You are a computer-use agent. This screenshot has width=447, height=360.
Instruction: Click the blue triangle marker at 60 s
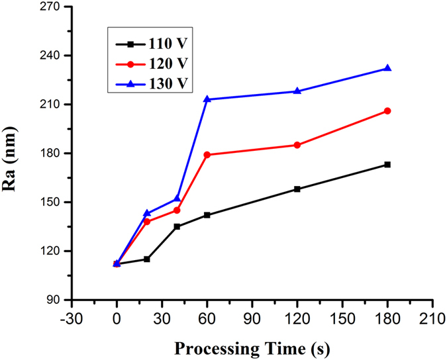[x=207, y=99]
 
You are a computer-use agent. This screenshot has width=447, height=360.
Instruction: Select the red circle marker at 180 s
[x=387, y=111]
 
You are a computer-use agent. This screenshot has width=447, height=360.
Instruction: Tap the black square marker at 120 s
[x=297, y=189]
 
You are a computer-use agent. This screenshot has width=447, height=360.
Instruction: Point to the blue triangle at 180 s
[x=387, y=68]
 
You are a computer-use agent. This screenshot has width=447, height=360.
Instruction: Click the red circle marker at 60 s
[x=207, y=155]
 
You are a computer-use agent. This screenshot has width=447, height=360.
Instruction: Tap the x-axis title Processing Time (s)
[x=252, y=347]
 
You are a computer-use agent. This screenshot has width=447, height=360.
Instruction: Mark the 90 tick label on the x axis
[x=252, y=316]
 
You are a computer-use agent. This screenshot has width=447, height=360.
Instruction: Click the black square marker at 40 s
[x=177, y=226]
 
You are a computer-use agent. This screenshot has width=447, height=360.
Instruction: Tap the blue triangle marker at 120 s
[x=297, y=91]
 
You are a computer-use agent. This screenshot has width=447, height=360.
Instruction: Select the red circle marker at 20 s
[x=147, y=222]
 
